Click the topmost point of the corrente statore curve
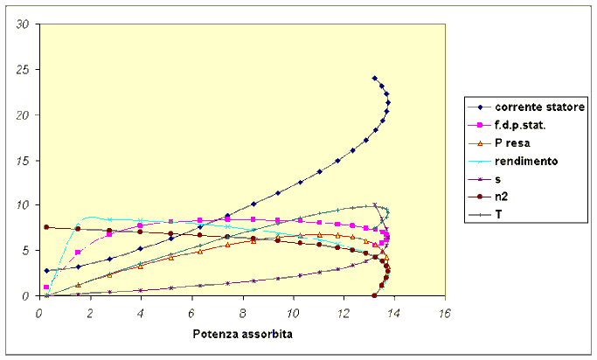tap(375, 78)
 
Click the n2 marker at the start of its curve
tap(46, 227)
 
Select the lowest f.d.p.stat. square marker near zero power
tap(46, 287)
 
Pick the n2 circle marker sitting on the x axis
tap(374, 295)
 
